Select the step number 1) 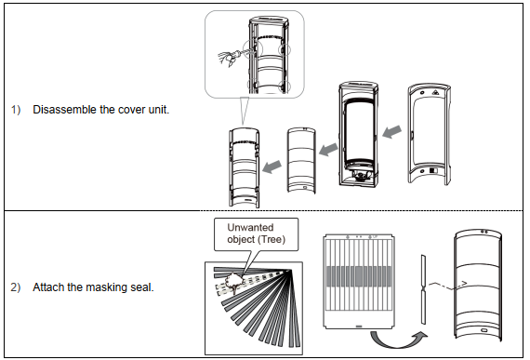[16, 110]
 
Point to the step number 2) [16, 287]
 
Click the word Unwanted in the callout [250, 227]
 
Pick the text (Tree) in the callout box [272, 239]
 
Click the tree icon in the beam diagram [233, 281]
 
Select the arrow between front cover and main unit [392, 131]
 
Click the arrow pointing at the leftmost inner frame [272, 167]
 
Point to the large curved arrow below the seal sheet [399, 339]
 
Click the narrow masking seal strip [423, 289]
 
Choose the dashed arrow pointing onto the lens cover [448, 286]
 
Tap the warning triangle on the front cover [436, 91]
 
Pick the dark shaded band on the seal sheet [359, 277]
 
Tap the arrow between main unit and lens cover [328, 150]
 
